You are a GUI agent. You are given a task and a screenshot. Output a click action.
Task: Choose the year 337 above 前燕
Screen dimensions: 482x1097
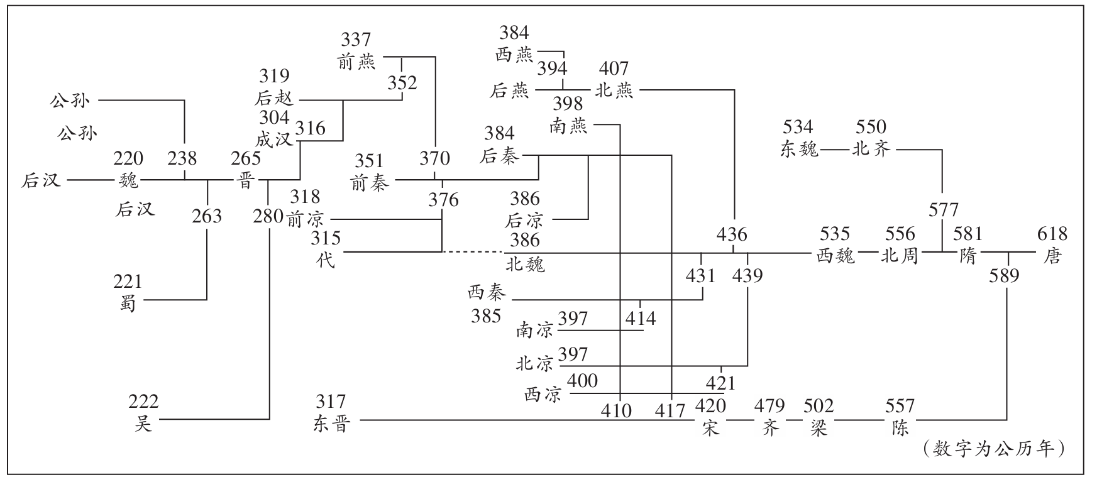356,40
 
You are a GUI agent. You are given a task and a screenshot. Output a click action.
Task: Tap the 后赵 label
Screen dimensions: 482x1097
274,99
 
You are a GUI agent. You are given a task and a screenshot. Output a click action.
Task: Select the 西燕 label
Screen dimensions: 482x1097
514,55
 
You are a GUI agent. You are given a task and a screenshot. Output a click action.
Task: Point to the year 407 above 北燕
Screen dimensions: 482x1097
614,68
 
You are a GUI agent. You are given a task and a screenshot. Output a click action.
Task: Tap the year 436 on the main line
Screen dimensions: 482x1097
732,235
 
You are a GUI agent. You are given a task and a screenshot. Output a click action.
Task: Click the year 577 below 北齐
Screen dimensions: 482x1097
943,210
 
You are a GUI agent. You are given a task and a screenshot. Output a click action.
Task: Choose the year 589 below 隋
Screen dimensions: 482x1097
1004,276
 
